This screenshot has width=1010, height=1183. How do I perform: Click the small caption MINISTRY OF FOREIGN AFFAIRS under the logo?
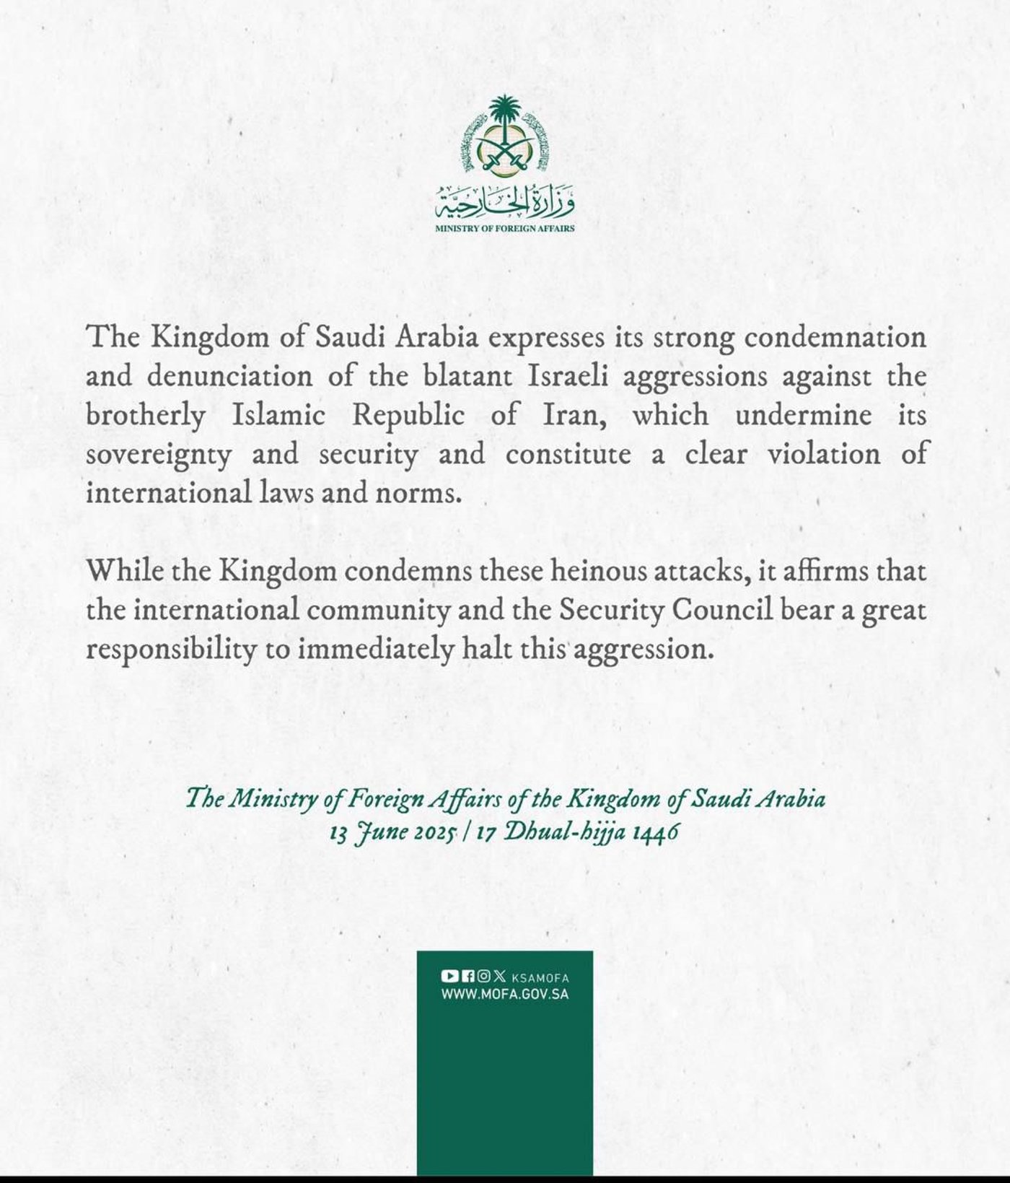(x=504, y=229)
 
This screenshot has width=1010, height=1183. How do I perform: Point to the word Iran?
(x=567, y=416)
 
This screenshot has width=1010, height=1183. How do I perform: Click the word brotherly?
(x=145, y=416)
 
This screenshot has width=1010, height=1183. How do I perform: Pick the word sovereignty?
(x=158, y=455)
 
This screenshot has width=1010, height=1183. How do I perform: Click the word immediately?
(x=375, y=650)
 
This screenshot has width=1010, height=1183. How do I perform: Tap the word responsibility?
(x=171, y=650)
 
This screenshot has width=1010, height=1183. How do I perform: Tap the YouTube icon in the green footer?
(x=449, y=977)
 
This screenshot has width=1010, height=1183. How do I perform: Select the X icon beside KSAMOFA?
(x=500, y=977)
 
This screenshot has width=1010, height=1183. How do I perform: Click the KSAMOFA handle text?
(x=540, y=978)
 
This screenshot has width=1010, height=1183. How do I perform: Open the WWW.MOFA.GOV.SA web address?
(x=505, y=994)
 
